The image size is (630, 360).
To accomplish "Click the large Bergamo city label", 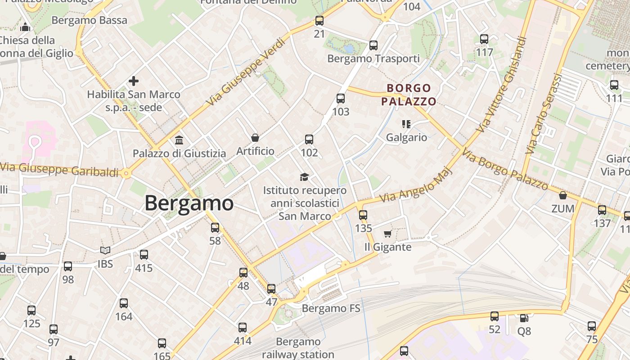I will (189, 203).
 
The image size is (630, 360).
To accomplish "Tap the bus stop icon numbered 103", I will (341, 99).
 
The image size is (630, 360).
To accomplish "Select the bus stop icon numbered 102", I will (309, 139).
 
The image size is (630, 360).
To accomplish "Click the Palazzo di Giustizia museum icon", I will (179, 140).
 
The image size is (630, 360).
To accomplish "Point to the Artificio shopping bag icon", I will (255, 138).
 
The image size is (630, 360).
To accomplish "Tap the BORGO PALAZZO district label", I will (409, 94).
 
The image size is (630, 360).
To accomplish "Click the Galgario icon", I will (406, 124).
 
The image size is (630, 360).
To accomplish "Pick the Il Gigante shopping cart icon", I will (387, 234).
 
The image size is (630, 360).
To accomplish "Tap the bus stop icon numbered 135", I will (363, 215).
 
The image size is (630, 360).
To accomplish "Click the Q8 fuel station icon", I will (524, 318).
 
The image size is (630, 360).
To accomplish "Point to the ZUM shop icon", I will (562, 195).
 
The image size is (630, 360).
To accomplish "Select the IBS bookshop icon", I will (105, 250).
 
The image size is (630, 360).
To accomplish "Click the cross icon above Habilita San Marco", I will (134, 81).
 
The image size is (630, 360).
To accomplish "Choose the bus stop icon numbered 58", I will (215, 228).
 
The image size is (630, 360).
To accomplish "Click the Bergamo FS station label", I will (331, 308).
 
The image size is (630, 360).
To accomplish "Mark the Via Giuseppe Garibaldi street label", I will (59, 170).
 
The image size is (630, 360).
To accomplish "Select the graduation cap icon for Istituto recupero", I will (305, 177).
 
